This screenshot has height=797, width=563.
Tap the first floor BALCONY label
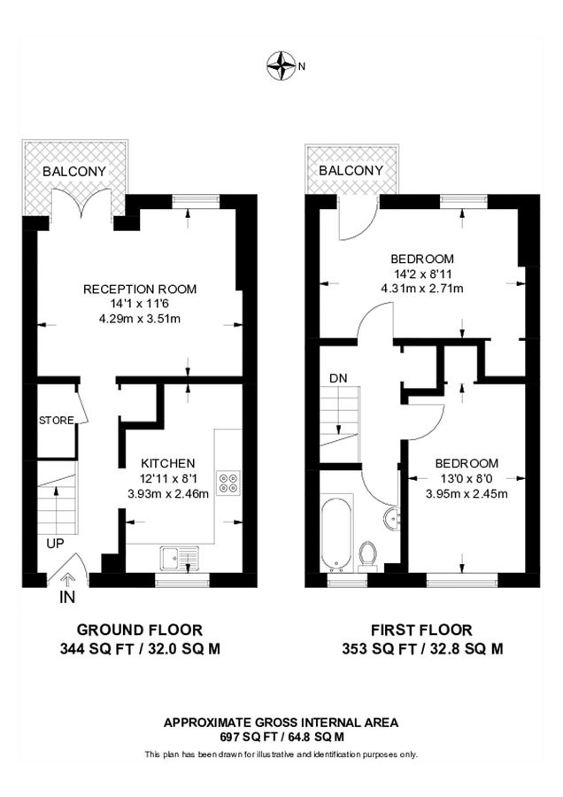coord(351,170)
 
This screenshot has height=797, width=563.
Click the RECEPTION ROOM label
coord(140,289)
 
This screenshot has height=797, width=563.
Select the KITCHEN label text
coord(168,463)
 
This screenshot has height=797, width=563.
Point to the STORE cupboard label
coord(56,420)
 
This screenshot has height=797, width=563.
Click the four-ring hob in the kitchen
coord(228,482)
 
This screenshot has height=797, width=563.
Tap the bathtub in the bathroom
coord(337,534)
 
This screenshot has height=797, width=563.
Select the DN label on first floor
coord(338,378)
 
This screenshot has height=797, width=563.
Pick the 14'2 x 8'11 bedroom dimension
coord(422,274)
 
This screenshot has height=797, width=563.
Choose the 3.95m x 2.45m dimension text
coord(466,493)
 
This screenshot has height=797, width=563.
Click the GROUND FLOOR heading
coord(140,630)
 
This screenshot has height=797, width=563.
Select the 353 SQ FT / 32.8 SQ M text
coord(422,648)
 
